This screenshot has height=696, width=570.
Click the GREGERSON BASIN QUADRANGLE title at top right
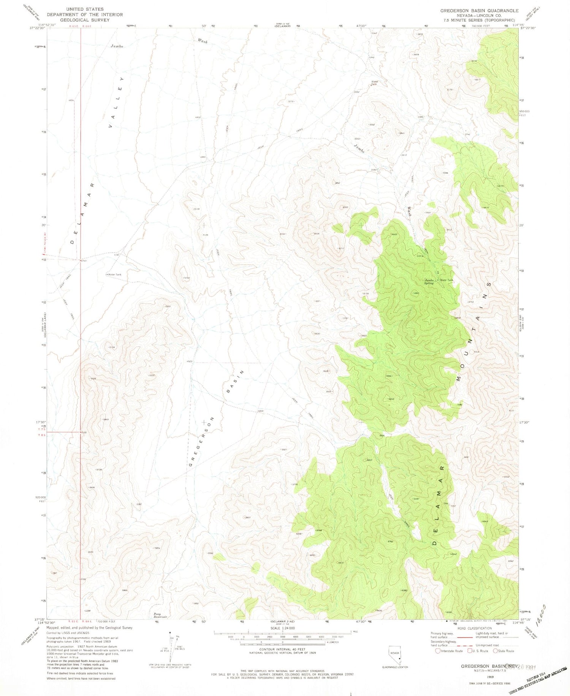[x=479, y=11]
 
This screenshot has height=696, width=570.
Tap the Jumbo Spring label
[x=429, y=282]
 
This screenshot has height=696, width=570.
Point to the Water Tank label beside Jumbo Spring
[x=447, y=280]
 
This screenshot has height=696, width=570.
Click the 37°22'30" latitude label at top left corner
[x=38, y=28]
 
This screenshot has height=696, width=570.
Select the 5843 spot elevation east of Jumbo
[x=402, y=133]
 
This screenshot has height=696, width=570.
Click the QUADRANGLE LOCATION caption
[x=395, y=667]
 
